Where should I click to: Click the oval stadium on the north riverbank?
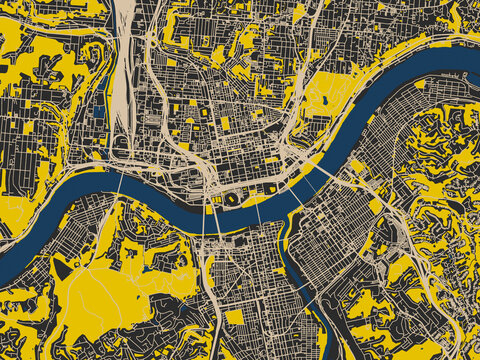pos(233,199)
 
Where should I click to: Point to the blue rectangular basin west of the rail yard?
pos(98,113)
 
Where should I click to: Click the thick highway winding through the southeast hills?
pos(420,250)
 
